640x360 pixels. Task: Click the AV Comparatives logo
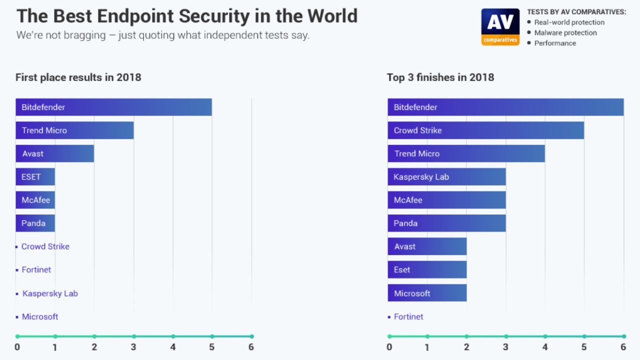coord(500,27)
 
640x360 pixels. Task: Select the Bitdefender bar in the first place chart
coord(113,107)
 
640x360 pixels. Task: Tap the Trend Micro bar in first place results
coord(74,130)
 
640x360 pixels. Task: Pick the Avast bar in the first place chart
coord(55,153)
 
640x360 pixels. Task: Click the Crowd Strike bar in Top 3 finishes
coord(485,130)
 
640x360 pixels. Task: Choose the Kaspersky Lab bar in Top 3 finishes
coord(446,177)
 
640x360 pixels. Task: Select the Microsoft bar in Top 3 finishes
coord(427,293)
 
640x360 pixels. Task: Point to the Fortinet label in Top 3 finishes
coord(408,316)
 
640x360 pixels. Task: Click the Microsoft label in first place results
coord(39,316)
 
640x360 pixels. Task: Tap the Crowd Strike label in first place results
coord(45,246)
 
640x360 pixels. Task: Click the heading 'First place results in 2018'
coord(78,77)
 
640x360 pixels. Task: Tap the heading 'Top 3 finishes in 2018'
coord(440,77)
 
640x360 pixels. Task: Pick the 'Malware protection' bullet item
coord(565,32)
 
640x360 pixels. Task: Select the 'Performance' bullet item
coord(555,43)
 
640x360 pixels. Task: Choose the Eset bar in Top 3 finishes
coord(427,270)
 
